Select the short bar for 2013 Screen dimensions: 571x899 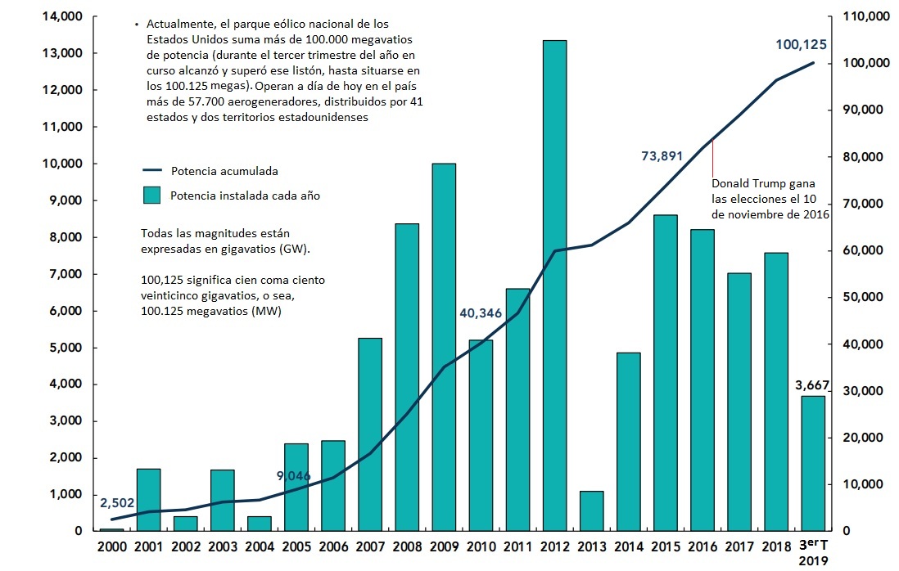pyautogui.click(x=591, y=510)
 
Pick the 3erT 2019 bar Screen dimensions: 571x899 pyautogui.click(x=813, y=463)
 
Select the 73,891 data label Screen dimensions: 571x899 pyautogui.click(x=662, y=156)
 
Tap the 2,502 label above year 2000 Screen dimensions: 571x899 pyautogui.click(x=117, y=503)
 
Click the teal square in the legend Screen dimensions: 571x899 pyautogui.click(x=152, y=196)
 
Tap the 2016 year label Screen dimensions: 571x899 pyautogui.click(x=702, y=546)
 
